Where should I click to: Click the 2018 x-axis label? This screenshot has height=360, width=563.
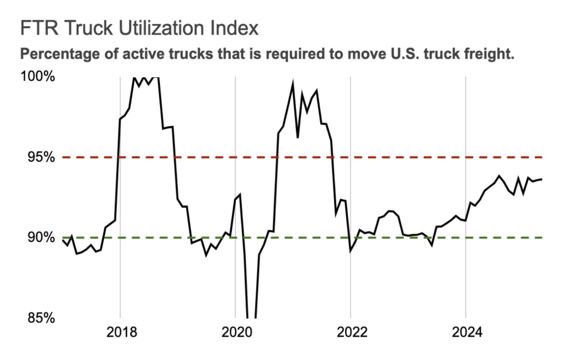click(x=120, y=333)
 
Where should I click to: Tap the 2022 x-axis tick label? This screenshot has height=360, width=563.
click(x=351, y=333)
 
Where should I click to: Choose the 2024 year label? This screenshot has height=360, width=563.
click(x=466, y=333)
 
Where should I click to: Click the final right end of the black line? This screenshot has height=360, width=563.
click(x=542, y=179)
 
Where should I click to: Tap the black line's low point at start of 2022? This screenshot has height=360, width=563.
click(x=351, y=251)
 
